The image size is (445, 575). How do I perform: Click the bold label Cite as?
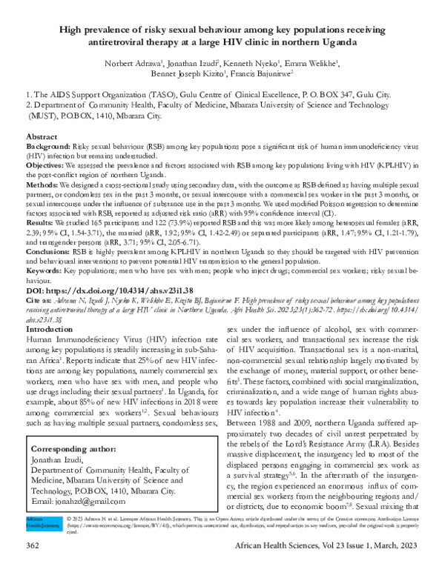click(x=40, y=301)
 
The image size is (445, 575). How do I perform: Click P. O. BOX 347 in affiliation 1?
click(x=311, y=96)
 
